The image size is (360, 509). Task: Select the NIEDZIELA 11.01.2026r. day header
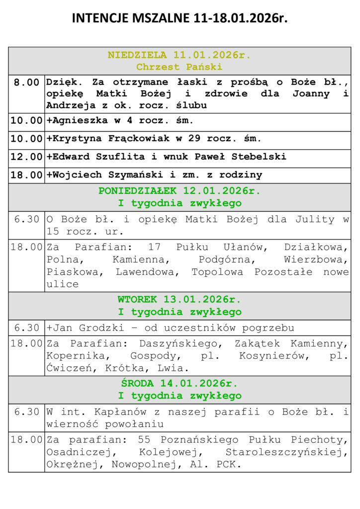[180, 55]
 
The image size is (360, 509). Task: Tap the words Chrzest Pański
[180, 67]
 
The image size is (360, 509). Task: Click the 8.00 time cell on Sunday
[26, 83]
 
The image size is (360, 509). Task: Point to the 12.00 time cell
[26, 157]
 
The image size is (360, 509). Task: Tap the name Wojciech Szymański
[104, 175]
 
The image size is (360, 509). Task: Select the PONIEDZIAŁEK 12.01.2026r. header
[180, 191]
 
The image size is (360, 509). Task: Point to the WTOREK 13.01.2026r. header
[180, 300]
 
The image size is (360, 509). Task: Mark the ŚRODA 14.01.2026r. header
[180, 384]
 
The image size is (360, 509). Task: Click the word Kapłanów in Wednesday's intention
[109, 412]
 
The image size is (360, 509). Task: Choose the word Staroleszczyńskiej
[286, 452]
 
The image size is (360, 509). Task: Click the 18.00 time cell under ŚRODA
[26, 440]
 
